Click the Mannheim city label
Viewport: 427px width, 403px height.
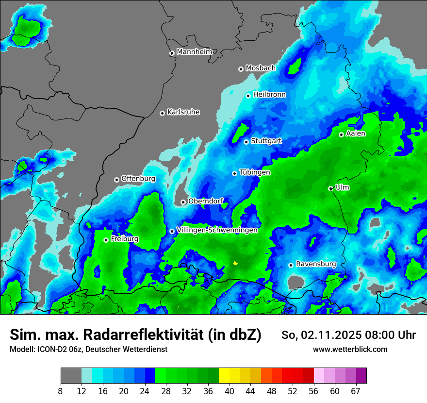point(194,51)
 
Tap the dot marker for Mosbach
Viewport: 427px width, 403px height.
point(241,69)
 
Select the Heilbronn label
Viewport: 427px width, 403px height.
point(269,94)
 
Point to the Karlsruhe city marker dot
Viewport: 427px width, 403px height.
point(162,113)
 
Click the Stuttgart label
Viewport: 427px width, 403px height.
point(266,141)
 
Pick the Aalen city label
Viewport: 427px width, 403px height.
point(355,133)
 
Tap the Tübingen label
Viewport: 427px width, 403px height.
point(254,172)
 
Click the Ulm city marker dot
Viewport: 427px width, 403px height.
point(330,188)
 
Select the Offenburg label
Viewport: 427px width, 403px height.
point(138,178)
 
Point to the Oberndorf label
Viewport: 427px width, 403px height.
point(205,201)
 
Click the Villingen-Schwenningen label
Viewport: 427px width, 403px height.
point(217,230)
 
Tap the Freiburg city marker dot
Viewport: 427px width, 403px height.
point(106,240)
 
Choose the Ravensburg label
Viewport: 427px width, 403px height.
point(315,264)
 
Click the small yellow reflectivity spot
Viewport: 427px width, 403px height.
point(236,263)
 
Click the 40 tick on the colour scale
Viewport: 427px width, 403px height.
point(229,390)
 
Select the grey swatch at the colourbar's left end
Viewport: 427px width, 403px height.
point(71,375)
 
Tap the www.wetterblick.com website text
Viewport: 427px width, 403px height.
point(350,349)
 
